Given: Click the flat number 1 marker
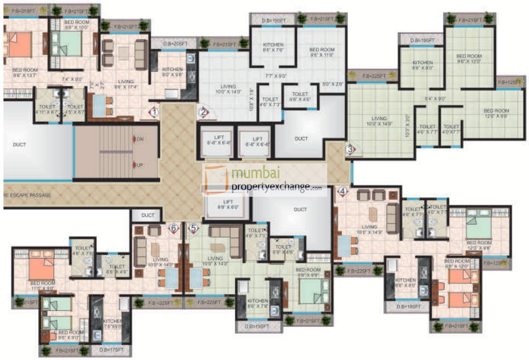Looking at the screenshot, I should tap(154, 111).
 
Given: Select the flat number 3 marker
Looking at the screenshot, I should tap(350, 149).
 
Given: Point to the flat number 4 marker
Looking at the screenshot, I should tap(341, 191).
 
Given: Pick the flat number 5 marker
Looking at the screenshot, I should tap(193, 227).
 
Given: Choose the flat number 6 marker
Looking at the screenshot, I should tap(173, 227).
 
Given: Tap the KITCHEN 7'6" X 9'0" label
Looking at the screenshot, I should tap(112, 324).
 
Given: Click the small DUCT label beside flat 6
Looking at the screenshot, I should tap(147, 215).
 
